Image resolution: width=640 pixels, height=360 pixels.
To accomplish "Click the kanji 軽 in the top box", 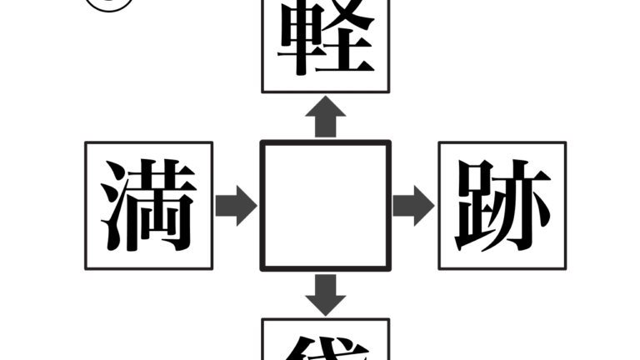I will click(325, 40).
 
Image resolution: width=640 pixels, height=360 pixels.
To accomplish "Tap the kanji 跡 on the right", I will click(502, 206).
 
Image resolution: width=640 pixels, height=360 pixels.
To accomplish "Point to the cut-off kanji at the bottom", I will click(325, 348).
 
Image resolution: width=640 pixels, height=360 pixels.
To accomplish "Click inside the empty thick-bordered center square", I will click(325, 206).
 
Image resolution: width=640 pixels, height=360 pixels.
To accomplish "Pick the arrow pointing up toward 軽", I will click(325, 118).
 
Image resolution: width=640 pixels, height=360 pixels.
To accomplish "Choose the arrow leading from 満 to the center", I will click(237, 206).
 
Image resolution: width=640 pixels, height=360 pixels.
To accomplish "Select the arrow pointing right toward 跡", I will click(413, 206).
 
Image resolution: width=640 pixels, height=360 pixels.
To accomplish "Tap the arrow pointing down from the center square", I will click(325, 293).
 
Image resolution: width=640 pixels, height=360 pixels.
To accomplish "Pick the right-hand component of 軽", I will click(348, 40).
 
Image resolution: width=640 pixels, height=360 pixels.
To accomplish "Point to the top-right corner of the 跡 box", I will click(566, 142).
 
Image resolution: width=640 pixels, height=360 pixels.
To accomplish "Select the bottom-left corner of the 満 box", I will click(86, 269).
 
